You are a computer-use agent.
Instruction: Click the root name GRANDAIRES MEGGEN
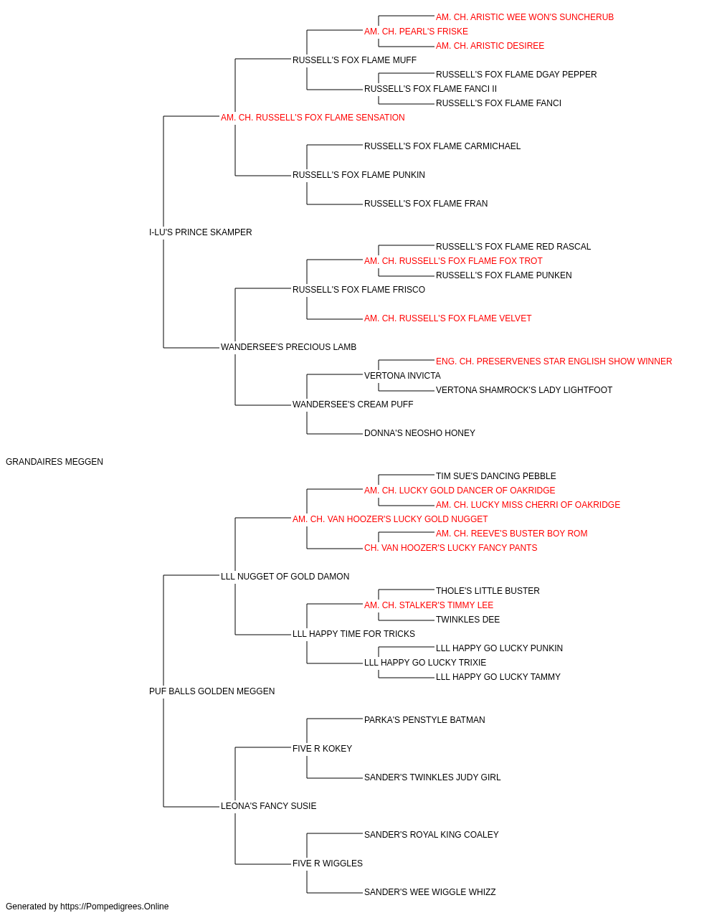(x=54, y=462)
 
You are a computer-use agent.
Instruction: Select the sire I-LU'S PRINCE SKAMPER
(x=200, y=232)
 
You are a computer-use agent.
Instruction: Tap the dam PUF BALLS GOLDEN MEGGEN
(x=212, y=691)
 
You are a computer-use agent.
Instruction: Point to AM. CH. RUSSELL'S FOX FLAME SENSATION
(x=313, y=118)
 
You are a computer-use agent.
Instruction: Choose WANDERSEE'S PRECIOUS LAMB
(x=288, y=347)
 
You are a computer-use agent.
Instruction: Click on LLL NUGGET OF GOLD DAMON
(x=285, y=576)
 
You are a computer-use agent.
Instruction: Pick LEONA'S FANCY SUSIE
(x=269, y=805)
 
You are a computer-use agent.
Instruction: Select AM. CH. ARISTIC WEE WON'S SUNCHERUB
(x=524, y=17)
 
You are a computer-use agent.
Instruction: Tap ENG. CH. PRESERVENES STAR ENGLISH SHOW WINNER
(x=554, y=361)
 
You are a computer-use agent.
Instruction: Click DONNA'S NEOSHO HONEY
(x=419, y=433)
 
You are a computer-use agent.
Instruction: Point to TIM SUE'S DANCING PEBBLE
(x=495, y=476)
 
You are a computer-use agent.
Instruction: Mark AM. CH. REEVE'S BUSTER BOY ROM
(x=511, y=533)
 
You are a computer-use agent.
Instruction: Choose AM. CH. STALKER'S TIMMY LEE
(x=429, y=605)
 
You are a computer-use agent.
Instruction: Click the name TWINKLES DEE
(x=467, y=620)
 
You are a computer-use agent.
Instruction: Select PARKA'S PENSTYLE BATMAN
(x=424, y=720)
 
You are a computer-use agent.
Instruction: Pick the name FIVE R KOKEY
(x=322, y=749)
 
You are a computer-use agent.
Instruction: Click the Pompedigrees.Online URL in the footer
(x=115, y=907)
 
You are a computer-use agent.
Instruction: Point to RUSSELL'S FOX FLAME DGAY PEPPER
(x=516, y=75)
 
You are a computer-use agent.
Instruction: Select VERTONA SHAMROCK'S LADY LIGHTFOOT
(x=524, y=390)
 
